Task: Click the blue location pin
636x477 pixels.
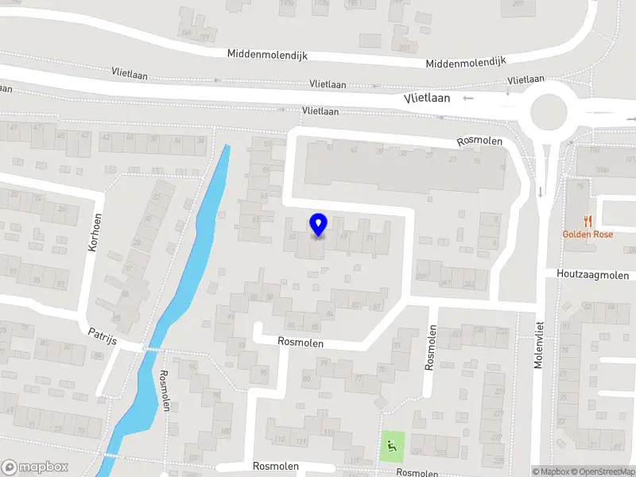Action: [x=319, y=225]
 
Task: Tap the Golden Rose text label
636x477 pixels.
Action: [x=587, y=234]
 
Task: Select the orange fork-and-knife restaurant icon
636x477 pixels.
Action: [x=588, y=220]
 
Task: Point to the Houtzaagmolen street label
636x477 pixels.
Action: [x=593, y=276]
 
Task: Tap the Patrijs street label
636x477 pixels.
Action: [x=103, y=337]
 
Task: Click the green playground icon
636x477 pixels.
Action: [x=390, y=445]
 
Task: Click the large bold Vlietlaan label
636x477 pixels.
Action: [x=427, y=99]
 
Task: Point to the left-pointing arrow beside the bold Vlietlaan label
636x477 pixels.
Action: [x=467, y=99]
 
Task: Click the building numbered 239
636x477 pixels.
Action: [x=422, y=276]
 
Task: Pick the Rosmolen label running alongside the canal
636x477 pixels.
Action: [x=165, y=390]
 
